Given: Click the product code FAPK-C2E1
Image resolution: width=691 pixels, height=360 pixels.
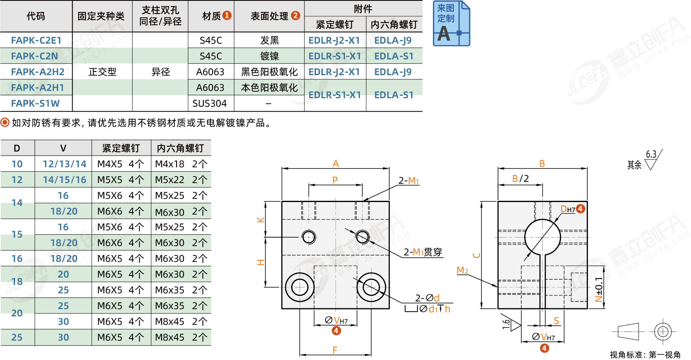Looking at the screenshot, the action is [36, 40].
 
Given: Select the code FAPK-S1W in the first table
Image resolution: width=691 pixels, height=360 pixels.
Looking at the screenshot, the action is [36, 103].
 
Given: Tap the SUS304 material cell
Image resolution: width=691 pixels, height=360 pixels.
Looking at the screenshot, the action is [210, 103].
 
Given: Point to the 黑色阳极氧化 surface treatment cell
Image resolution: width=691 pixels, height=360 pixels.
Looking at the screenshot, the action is [269, 72].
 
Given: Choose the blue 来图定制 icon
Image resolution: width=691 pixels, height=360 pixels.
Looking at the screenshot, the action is [451, 23].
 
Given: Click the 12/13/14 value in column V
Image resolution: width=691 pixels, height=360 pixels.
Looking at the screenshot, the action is [64, 164].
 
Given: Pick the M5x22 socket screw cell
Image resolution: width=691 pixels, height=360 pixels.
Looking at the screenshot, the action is [169, 179].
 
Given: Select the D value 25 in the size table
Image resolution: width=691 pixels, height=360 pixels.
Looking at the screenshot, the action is [17, 337].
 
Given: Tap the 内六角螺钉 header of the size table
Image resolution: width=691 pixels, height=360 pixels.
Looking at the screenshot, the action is [181, 148].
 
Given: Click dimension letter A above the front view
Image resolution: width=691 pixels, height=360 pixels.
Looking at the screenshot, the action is [336, 163].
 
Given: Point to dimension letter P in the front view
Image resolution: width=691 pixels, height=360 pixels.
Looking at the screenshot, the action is [335, 180].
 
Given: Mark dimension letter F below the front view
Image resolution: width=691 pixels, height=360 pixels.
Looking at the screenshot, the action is [335, 350].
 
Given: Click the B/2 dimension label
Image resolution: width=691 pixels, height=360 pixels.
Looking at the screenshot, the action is [521, 179].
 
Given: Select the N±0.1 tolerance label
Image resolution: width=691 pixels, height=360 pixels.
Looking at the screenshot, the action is [599, 289].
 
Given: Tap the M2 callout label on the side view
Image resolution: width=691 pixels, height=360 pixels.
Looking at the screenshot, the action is [462, 270].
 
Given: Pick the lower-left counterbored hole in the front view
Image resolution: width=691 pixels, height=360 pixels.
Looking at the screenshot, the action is [300, 287].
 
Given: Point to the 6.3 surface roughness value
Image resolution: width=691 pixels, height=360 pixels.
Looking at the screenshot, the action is [651, 154].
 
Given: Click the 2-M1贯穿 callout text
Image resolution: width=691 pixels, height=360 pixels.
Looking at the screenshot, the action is [423, 252].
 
